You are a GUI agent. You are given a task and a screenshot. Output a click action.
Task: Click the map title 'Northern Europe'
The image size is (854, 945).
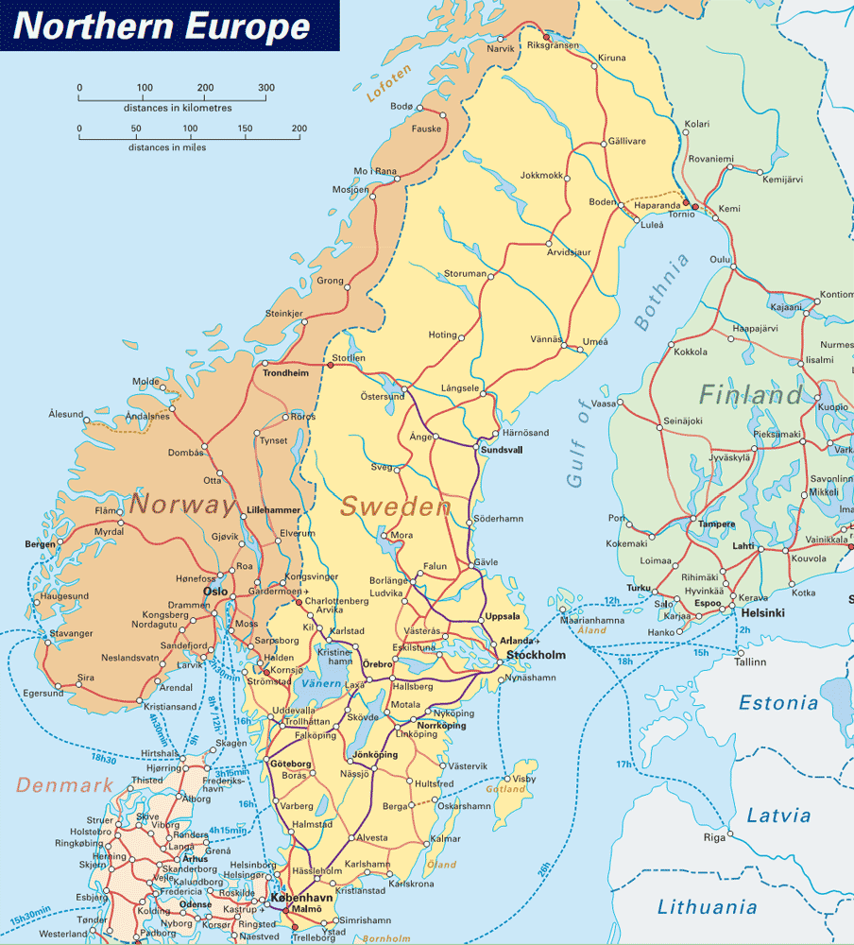[x=162, y=26]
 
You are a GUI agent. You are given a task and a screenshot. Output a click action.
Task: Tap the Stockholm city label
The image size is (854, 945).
[x=536, y=655]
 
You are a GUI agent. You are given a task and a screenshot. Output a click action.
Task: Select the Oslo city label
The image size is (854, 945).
[x=214, y=592]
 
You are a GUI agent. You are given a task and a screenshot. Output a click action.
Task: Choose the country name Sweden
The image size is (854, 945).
[x=395, y=507]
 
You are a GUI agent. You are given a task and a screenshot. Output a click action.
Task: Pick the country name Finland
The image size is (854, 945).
[x=751, y=394]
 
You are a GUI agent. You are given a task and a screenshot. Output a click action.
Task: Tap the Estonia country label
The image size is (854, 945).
[x=778, y=703]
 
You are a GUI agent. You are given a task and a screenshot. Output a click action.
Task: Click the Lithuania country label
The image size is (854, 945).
[x=708, y=907]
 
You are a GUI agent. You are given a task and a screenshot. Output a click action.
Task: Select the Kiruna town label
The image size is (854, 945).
[x=611, y=58]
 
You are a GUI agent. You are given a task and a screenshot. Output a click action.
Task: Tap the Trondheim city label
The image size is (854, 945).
[x=285, y=373]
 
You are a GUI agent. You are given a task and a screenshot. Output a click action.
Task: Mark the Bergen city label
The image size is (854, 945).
[x=41, y=544]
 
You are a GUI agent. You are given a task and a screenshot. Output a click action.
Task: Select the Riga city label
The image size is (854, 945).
[x=714, y=837]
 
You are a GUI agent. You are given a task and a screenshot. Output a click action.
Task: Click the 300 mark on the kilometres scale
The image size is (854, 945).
[x=266, y=88]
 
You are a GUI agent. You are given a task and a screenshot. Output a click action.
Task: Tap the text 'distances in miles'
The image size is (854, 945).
[x=167, y=147]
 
